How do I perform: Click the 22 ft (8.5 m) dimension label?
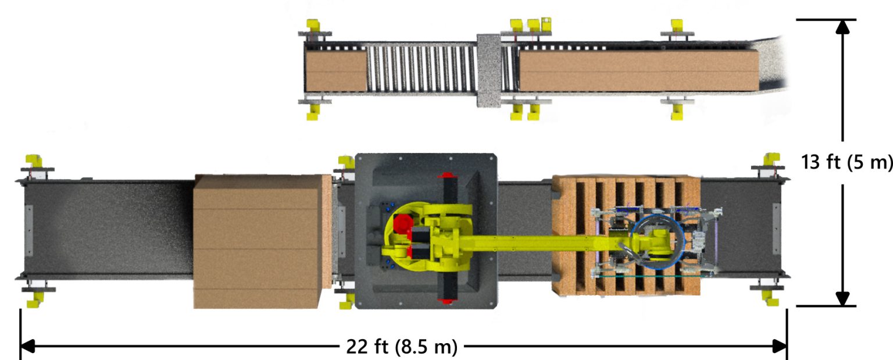[402, 347]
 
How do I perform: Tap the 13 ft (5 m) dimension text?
[846, 162]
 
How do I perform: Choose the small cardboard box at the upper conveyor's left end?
[335, 70]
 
